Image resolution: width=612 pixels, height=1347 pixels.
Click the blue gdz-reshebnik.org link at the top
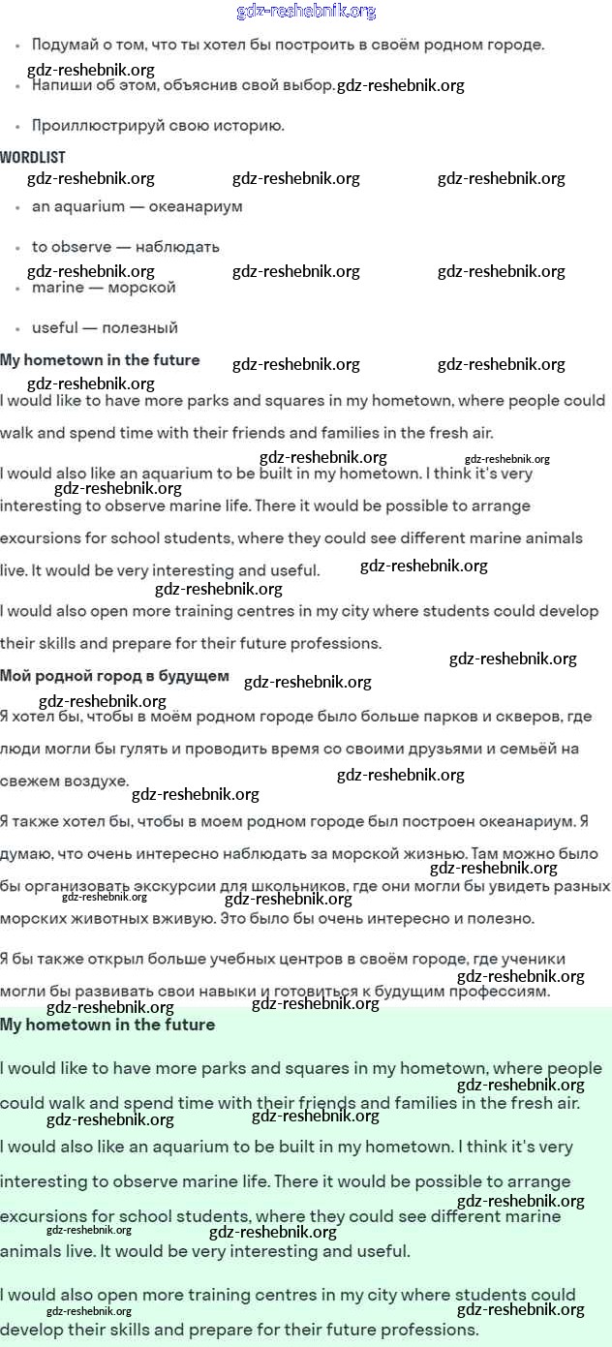click(306, 12)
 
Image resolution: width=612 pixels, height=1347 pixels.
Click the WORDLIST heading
click(33, 157)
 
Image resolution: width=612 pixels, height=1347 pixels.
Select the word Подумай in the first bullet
click(63, 45)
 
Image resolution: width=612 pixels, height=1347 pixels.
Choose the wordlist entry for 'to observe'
click(72, 247)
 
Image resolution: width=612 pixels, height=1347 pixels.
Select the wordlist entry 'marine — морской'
click(104, 288)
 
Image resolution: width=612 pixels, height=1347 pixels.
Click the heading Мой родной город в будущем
click(114, 676)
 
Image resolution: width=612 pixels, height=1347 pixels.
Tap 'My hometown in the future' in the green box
click(107, 1025)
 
